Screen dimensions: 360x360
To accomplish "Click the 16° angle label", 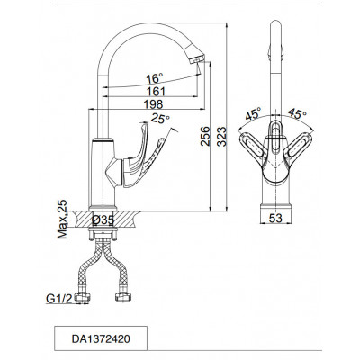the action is click(x=155, y=79).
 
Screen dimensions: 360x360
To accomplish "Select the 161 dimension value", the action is click(x=156, y=91).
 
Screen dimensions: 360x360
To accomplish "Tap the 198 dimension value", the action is click(x=153, y=104).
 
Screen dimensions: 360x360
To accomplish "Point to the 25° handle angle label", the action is click(x=160, y=119).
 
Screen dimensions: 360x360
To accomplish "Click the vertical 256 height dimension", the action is click(x=205, y=136).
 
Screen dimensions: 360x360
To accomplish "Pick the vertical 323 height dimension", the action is click(x=221, y=137).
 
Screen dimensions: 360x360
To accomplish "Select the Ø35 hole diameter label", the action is click(x=103, y=220).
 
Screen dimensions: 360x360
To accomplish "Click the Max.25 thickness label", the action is click(x=62, y=220).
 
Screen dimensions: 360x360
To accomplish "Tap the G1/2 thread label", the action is click(x=59, y=299).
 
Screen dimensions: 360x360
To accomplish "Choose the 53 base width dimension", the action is click(x=275, y=218).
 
